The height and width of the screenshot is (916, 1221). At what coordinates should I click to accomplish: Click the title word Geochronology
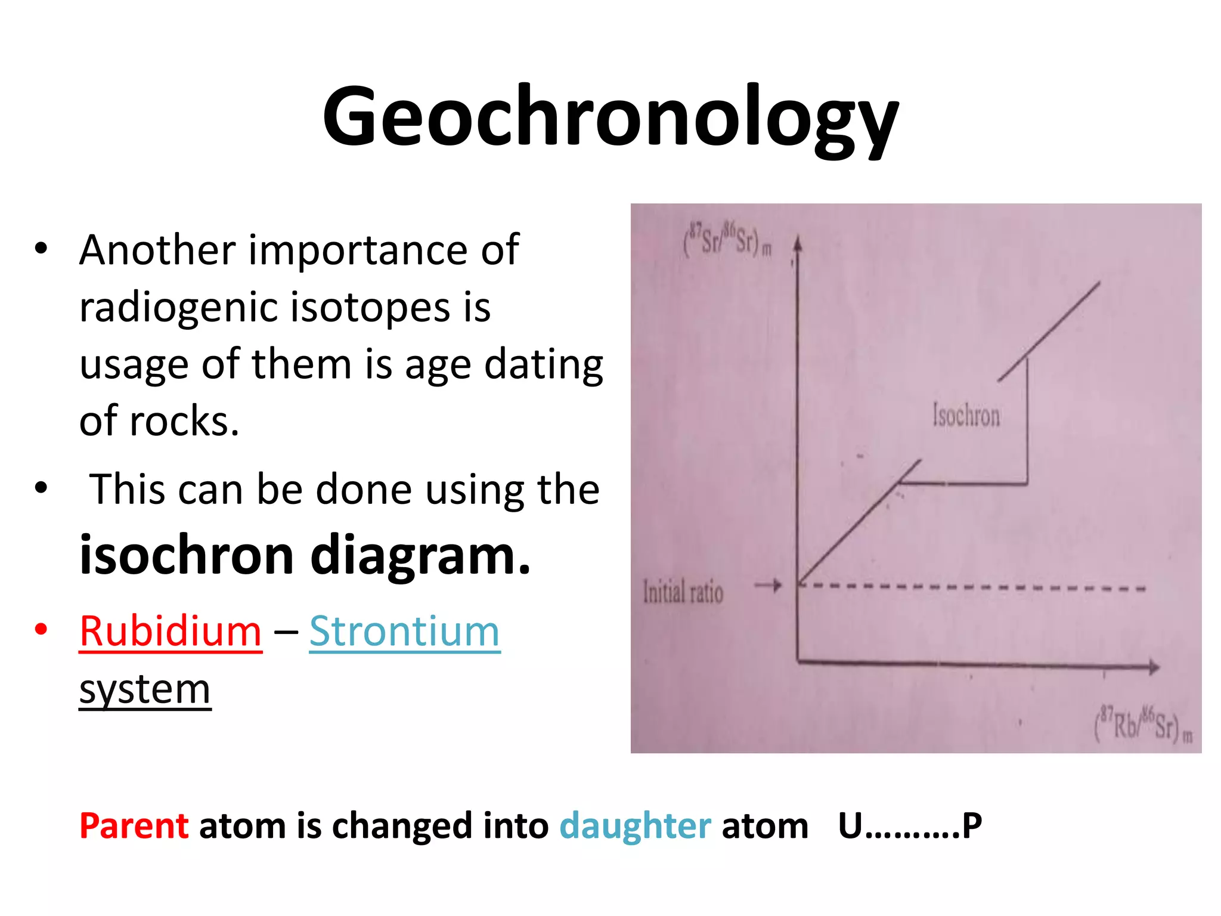click(x=610, y=116)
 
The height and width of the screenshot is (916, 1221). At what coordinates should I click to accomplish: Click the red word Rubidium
click(x=171, y=631)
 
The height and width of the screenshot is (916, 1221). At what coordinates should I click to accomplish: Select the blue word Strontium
click(x=404, y=631)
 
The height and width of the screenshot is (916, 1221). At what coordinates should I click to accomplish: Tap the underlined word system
click(x=145, y=689)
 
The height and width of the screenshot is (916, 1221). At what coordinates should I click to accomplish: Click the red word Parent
click(x=134, y=826)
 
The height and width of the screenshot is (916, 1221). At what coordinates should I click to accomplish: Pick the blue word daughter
click(x=635, y=826)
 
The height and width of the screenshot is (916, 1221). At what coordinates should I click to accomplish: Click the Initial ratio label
click(x=683, y=592)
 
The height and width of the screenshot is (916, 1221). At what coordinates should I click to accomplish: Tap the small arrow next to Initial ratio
click(x=768, y=586)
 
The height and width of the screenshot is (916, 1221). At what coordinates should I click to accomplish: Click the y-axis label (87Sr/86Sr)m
click(x=728, y=241)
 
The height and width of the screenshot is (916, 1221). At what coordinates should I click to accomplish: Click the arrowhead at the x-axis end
click(x=1154, y=667)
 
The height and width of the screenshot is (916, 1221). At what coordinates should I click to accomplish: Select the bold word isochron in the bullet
click(x=187, y=555)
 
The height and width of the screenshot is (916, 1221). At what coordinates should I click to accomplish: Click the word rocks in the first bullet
click(x=184, y=421)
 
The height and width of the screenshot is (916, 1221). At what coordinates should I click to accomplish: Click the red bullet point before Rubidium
click(x=41, y=629)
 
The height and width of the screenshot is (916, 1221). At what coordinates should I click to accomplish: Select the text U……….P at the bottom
click(x=910, y=826)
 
